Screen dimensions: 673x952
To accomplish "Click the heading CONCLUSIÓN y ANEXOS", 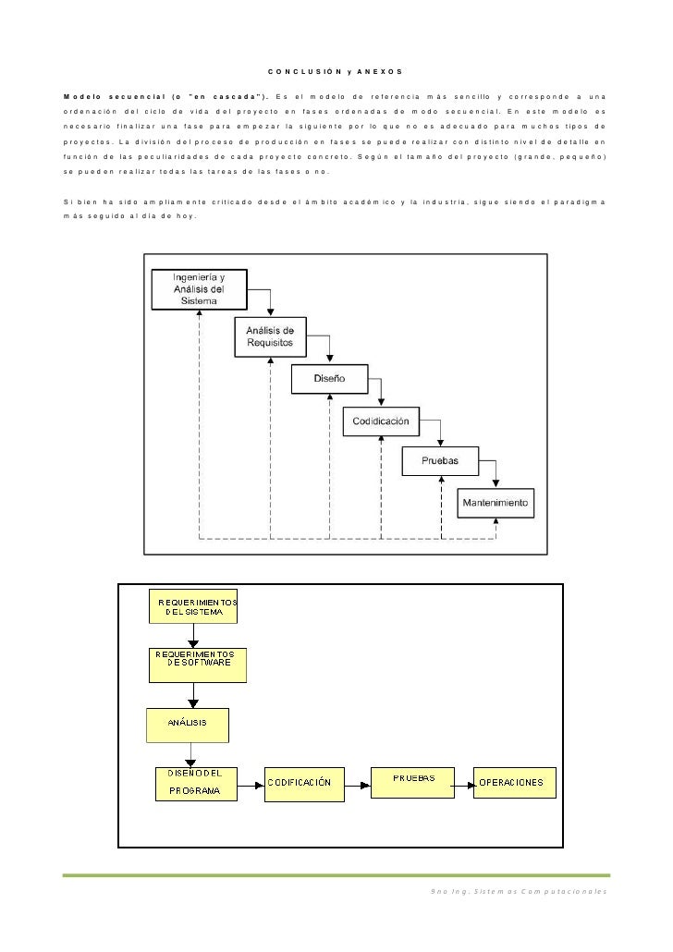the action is [x=336, y=72].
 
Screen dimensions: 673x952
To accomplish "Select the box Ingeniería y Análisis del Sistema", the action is [x=200, y=289].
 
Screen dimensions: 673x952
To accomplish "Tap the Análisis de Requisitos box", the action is [x=270, y=337].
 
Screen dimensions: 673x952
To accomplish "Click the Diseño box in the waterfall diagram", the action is [x=330, y=379].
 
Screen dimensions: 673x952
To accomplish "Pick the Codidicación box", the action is [x=381, y=421].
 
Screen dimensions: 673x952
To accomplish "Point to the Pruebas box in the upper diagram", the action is [x=440, y=461].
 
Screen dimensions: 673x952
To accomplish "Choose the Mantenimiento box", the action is [x=496, y=504].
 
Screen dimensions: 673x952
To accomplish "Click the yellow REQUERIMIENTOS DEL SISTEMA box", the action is [x=193, y=606].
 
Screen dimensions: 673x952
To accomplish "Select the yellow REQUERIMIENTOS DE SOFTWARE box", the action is [x=198, y=665].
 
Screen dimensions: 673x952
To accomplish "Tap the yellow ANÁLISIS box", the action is [x=188, y=725].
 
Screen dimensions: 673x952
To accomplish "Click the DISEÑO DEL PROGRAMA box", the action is [x=196, y=784].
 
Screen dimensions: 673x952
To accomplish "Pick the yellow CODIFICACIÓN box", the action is [x=304, y=785].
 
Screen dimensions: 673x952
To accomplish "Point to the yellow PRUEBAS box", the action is [x=412, y=783].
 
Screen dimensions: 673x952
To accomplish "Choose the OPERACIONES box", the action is [x=515, y=783].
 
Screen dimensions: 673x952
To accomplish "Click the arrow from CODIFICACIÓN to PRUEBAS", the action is [x=358, y=785].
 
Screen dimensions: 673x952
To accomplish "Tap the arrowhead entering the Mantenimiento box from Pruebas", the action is [x=496, y=484].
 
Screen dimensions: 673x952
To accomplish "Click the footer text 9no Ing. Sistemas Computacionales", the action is [x=518, y=891].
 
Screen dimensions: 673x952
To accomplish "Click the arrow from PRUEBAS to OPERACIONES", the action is [x=464, y=785].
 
